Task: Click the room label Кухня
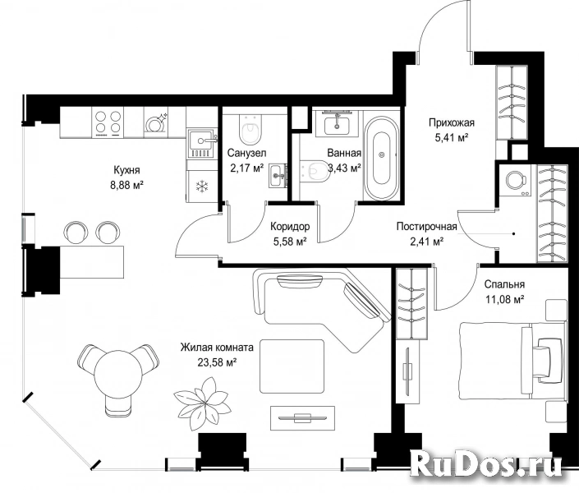[126, 170]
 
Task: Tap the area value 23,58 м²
[217, 362]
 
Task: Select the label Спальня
[504, 284]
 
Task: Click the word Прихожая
[451, 122]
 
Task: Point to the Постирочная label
[426, 226]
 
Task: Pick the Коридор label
[290, 226]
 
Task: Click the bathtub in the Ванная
[382, 159]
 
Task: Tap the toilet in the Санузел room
[250, 129]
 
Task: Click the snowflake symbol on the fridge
[202, 187]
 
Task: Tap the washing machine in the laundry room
[515, 181]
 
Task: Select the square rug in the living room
[292, 366]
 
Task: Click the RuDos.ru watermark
[486, 463]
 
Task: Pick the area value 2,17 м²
[246, 168]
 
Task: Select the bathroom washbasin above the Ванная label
[337, 123]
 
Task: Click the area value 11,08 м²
[505, 299]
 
